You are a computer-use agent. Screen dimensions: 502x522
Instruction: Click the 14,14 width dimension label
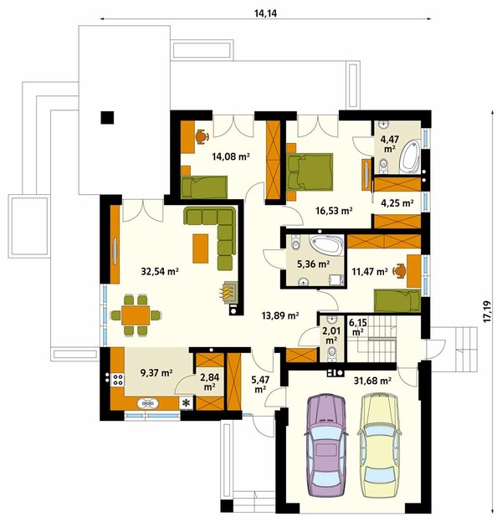(x=265, y=13)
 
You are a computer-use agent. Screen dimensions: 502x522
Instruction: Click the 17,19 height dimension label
(x=487, y=311)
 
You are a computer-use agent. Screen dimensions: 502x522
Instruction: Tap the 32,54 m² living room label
(x=160, y=271)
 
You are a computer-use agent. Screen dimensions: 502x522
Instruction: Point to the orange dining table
(x=136, y=315)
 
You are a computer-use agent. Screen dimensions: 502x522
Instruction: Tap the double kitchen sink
(x=147, y=403)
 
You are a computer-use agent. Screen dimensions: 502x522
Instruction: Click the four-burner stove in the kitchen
(x=117, y=380)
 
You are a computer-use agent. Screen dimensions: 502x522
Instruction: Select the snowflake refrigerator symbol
(x=187, y=403)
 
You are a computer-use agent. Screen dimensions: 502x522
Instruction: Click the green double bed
(x=310, y=171)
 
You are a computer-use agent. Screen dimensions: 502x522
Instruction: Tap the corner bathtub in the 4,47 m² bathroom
(x=410, y=156)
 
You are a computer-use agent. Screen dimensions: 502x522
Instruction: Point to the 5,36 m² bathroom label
(x=313, y=264)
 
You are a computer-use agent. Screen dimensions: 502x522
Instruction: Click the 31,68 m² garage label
(x=372, y=380)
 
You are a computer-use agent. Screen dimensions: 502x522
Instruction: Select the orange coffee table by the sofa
(x=201, y=248)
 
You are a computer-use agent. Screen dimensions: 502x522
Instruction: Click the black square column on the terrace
(x=108, y=117)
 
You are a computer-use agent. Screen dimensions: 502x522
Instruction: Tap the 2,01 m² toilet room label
(x=330, y=335)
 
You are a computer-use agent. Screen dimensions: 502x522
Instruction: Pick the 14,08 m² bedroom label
(x=231, y=156)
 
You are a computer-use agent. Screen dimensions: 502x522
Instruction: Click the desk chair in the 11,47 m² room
(x=399, y=271)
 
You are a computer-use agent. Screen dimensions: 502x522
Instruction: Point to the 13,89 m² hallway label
(x=280, y=315)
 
